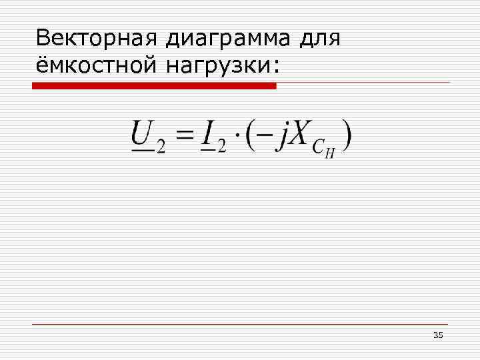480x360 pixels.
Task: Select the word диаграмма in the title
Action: (228, 39)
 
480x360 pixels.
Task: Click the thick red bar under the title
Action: (154, 86)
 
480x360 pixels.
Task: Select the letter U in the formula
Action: (143, 133)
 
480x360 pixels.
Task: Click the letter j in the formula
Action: (283, 137)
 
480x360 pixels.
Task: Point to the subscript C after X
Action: (319, 147)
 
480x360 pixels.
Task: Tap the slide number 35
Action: (438, 335)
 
